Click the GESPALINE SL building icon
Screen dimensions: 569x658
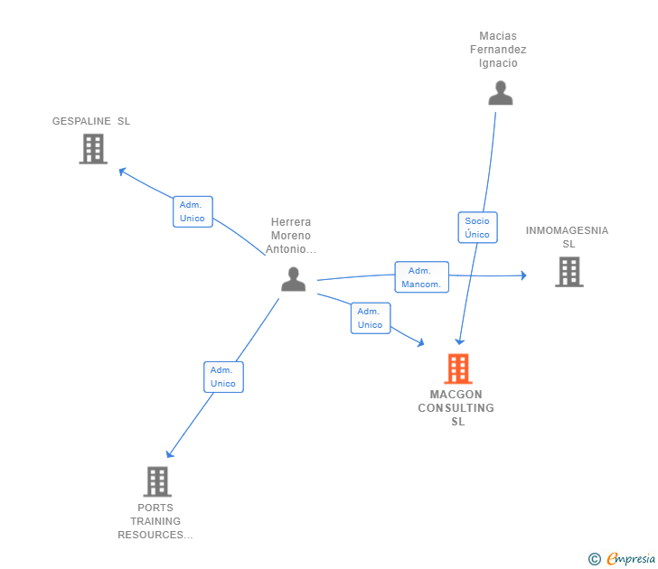[93, 149]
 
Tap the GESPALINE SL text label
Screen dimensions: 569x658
[91, 121]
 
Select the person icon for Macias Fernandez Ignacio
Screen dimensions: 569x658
[500, 93]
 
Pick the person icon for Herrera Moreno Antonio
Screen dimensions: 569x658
[293, 279]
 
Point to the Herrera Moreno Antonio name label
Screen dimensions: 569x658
[291, 235]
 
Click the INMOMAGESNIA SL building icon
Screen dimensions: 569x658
[569, 272]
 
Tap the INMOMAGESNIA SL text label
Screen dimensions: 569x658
[568, 237]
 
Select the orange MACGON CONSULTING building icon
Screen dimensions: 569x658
[458, 368]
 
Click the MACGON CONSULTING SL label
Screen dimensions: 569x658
[456, 407]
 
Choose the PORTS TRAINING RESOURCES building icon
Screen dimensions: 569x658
[157, 481]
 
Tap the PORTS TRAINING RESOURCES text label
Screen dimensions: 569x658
[155, 521]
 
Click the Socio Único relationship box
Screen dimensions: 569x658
[477, 228]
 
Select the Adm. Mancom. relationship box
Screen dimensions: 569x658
[421, 277]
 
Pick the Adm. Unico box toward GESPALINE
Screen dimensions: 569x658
[193, 211]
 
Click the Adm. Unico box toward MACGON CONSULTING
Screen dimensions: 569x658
[370, 318]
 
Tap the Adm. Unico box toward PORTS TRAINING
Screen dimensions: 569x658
[223, 377]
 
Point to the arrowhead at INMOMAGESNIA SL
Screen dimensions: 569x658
[522, 275]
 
